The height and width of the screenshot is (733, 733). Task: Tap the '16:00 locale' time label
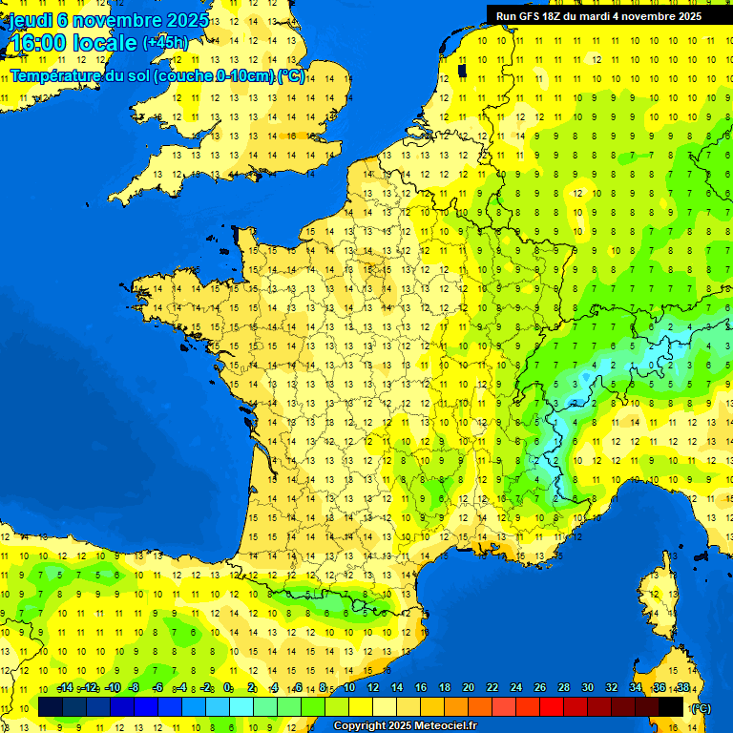coord(73,43)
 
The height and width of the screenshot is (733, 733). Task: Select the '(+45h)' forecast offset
coord(165,42)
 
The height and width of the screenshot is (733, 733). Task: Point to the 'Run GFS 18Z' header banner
coord(598,16)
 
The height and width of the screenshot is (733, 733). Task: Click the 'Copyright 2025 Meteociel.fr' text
coord(405,726)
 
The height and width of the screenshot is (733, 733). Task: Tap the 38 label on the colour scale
coord(682,687)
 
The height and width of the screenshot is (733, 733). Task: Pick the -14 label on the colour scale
coord(66,687)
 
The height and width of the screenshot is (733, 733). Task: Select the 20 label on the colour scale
coord(469,687)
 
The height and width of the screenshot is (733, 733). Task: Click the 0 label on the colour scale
coord(227,687)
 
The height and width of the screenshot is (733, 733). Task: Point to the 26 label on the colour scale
coord(540,687)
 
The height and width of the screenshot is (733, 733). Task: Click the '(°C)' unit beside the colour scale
coord(700,708)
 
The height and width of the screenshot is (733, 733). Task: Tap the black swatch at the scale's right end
coord(671,706)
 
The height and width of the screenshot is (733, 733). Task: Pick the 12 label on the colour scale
coord(373,687)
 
